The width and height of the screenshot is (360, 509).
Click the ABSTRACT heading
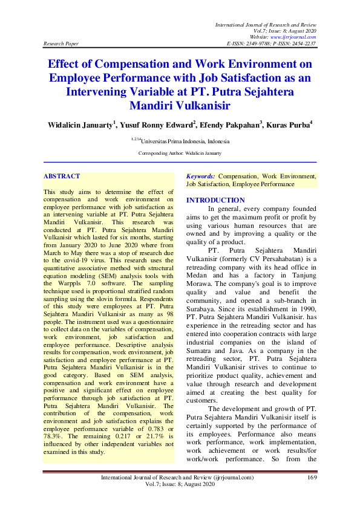[x=62, y=177]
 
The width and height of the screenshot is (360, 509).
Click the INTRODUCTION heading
[x=215, y=200]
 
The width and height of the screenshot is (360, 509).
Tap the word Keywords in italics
[x=200, y=177]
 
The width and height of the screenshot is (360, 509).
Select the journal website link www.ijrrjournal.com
[x=292, y=37]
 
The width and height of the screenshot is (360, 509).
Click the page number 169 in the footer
[x=312, y=478]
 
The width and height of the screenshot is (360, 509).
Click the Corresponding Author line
[x=180, y=154]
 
